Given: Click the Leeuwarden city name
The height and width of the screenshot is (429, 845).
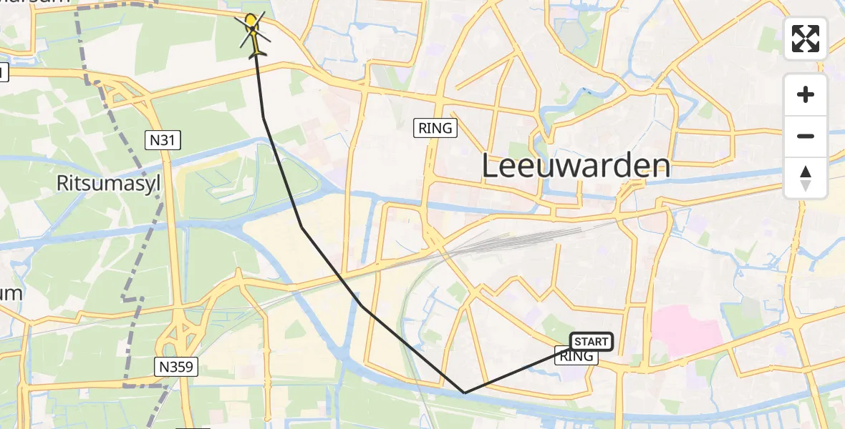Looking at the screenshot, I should coord(576,167).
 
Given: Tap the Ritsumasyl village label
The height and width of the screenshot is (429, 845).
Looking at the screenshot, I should coord(108,184).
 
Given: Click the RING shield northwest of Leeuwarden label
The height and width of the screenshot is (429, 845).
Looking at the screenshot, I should coord(435,129).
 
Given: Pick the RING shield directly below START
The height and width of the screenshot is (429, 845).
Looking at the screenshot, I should coord(576,356).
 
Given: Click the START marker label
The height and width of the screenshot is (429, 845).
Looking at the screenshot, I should coord(591,342).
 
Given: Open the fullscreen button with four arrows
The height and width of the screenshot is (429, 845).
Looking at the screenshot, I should coord(806,39).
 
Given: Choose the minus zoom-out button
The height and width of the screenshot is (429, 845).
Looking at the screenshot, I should coord(806,136).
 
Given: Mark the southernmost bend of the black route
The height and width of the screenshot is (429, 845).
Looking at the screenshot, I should coord(464,393).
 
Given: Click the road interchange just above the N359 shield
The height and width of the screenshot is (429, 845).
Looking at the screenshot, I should coord(185,332).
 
